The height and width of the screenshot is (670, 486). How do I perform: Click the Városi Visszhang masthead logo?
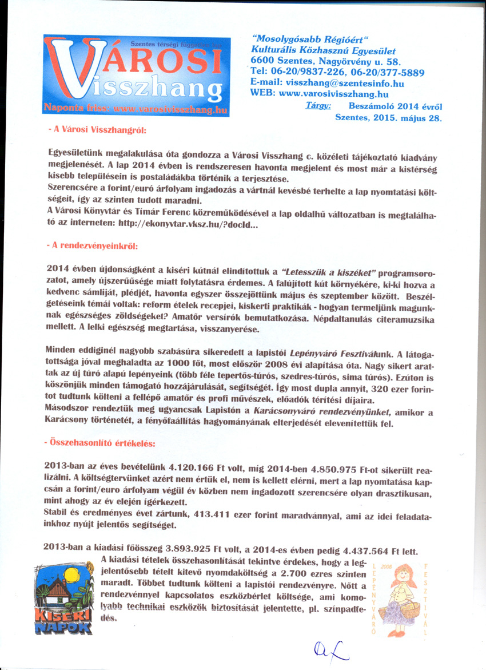click(x=136, y=76)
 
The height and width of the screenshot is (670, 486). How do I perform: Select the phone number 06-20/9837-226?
click(x=302, y=73)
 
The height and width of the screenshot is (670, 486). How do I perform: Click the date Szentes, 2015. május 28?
click(x=388, y=118)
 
